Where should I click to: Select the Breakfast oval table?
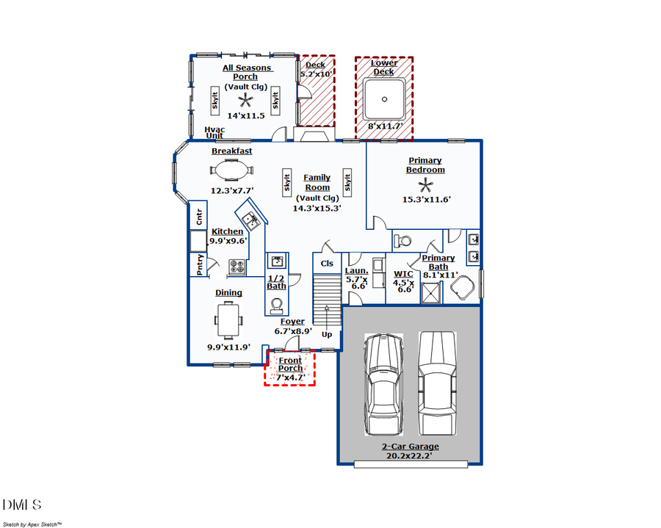(232, 170)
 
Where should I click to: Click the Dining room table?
(228, 319)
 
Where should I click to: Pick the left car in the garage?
(384, 384)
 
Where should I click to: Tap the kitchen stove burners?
(237, 266)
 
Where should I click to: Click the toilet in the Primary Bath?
(403, 240)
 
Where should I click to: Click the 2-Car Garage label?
(410, 446)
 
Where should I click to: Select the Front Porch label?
(290, 364)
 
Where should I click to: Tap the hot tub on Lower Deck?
(383, 100)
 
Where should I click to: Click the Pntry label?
(200, 264)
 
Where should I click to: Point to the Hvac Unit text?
(214, 132)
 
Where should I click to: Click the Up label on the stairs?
(327, 334)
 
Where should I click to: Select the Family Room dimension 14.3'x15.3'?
(317, 208)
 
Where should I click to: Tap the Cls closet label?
(327, 263)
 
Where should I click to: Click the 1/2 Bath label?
(276, 282)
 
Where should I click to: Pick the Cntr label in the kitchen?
(199, 217)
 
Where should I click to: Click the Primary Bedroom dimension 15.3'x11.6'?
(426, 199)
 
